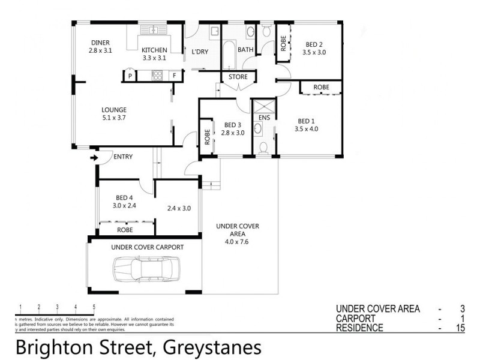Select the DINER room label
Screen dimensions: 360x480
point(100,43)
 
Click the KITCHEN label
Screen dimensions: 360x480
point(155,50)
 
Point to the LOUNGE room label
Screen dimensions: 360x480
point(113,110)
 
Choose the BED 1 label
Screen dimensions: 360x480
point(305,120)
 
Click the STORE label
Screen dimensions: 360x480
point(238,77)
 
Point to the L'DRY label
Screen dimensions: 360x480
point(200,52)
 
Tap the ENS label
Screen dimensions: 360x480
point(265,118)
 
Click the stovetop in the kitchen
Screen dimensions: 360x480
point(157,76)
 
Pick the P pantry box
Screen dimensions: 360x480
point(130,76)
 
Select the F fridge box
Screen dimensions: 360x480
point(175,76)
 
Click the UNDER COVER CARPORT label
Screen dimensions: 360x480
point(148,247)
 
